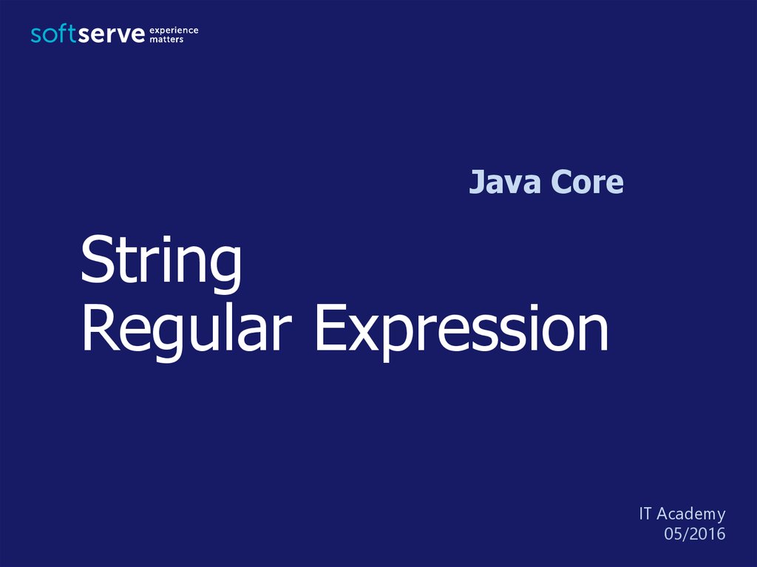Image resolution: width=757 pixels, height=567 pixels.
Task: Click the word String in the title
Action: pyautogui.click(x=160, y=264)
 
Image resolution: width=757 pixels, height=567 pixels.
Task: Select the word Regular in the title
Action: pyautogui.click(x=187, y=332)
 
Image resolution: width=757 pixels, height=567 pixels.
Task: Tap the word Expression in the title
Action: pyautogui.click(x=461, y=332)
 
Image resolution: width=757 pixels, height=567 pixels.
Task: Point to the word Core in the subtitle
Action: pyautogui.click(x=586, y=182)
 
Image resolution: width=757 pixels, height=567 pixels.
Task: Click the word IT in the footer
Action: pyautogui.click(x=645, y=513)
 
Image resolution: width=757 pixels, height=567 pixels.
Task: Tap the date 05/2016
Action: pyautogui.click(x=695, y=534)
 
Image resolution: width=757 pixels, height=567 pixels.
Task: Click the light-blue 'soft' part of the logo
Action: pyautogui.click(x=52, y=34)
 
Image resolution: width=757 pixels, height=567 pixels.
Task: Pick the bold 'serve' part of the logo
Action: pyautogui.click(x=111, y=34)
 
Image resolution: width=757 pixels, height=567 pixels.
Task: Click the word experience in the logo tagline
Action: pyautogui.click(x=174, y=31)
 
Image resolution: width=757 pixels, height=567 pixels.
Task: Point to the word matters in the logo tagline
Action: pyautogui.click(x=166, y=40)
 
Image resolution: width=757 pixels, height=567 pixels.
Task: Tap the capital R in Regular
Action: pyautogui.click(x=100, y=327)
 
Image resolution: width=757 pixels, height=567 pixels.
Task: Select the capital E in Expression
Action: pyautogui.click(x=330, y=327)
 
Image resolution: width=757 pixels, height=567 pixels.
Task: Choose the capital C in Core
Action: pyautogui.click(x=561, y=182)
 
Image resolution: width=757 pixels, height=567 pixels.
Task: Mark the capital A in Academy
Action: pyautogui.click(x=663, y=513)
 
